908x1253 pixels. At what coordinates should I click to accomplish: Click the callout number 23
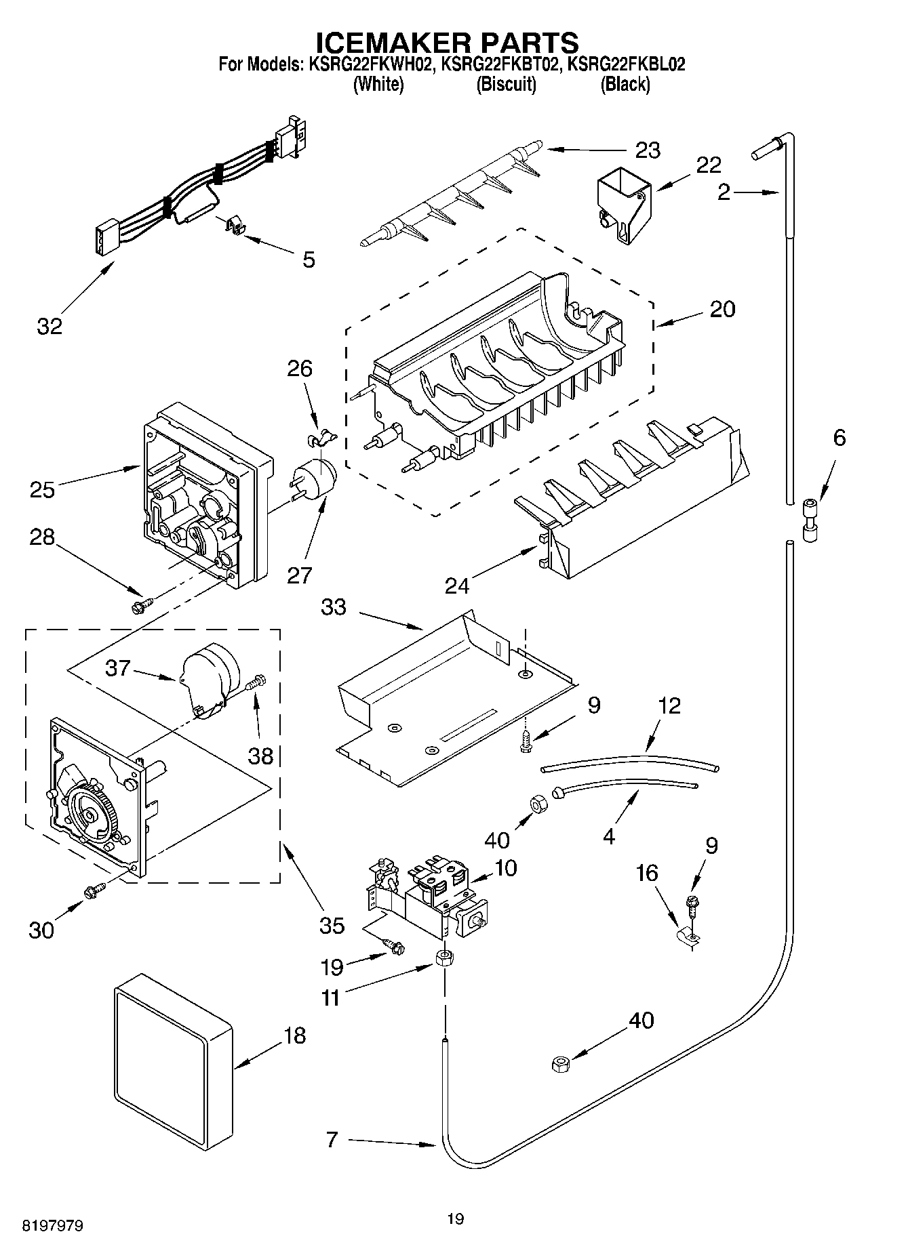click(x=648, y=150)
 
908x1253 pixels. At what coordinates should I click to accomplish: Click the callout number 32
click(x=50, y=326)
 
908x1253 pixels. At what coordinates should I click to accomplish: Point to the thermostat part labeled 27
click(x=316, y=479)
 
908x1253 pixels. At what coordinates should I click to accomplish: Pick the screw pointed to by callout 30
click(x=94, y=892)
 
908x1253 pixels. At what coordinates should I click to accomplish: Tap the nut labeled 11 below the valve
click(x=444, y=958)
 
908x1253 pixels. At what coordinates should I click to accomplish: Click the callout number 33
click(x=333, y=607)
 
